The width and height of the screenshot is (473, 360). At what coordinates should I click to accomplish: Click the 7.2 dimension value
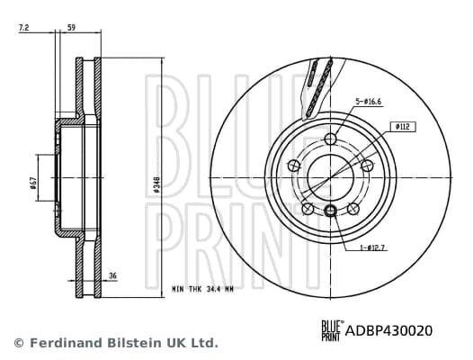tap(23, 30)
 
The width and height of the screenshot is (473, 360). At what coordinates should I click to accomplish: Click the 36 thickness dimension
tap(112, 276)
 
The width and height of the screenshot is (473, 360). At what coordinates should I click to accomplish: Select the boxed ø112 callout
tap(402, 128)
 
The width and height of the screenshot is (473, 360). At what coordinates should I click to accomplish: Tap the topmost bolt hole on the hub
tap(330, 138)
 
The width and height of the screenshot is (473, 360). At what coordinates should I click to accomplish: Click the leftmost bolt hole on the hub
tap(293, 165)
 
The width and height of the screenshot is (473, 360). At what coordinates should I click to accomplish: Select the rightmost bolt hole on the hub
tap(367, 165)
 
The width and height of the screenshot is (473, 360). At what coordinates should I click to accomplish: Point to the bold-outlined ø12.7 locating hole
tap(330, 211)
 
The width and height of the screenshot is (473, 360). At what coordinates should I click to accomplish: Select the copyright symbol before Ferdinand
tap(18, 343)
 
